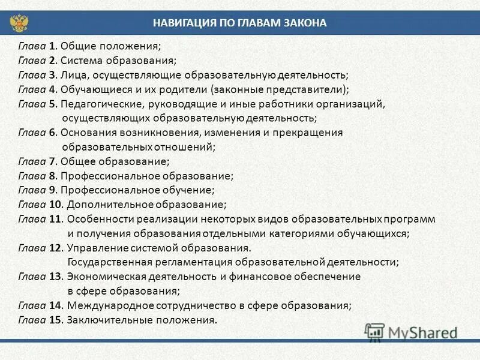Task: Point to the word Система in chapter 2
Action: pyautogui.click(x=82, y=60)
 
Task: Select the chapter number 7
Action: pyautogui.click(x=52, y=161)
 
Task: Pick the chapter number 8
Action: pyautogui.click(x=52, y=176)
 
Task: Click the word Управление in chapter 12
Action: pyautogui.click(x=94, y=248)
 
